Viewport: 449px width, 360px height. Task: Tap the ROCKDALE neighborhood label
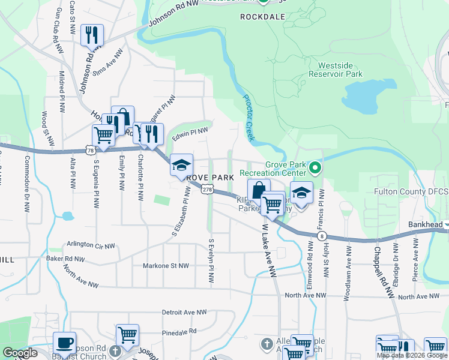pyautogui.click(x=262, y=17)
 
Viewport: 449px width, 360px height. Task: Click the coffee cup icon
pyautogui.click(x=64, y=344)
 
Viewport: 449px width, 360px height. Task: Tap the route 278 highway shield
pyautogui.click(x=207, y=190)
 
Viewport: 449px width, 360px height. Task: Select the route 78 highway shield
pyautogui.click(x=89, y=149)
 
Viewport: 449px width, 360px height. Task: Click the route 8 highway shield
pyautogui.click(x=323, y=236)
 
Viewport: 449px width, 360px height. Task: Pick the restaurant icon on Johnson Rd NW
pyautogui.click(x=92, y=35)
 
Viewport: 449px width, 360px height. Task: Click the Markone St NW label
pyautogui.click(x=166, y=265)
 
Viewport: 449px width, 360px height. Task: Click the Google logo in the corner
pyautogui.click(x=20, y=353)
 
